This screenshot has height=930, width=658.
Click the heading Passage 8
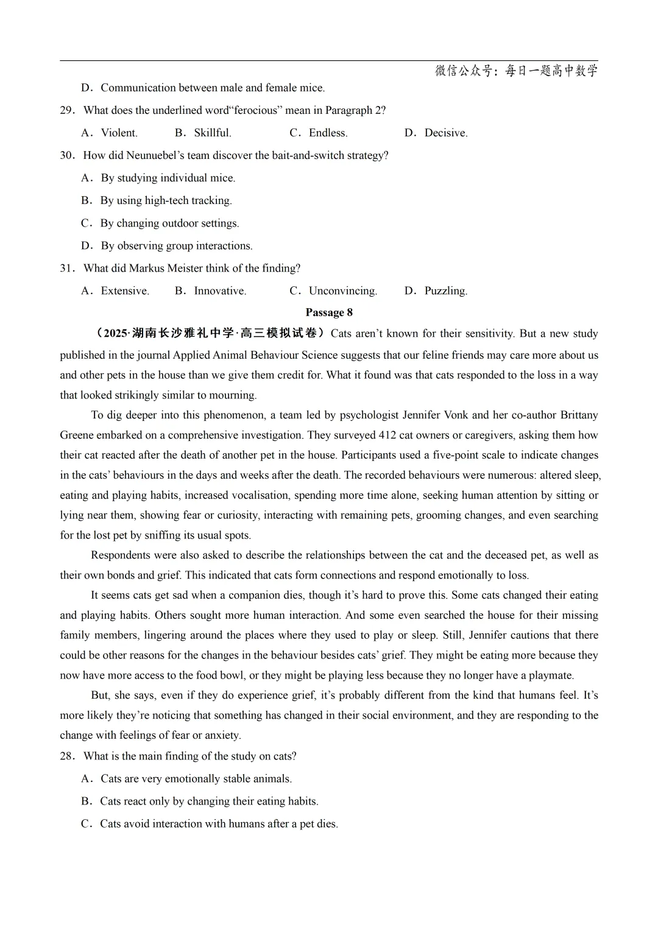(x=329, y=312)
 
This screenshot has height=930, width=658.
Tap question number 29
(x=66, y=110)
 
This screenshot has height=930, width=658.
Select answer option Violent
(x=119, y=133)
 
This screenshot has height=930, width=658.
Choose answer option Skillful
(x=212, y=133)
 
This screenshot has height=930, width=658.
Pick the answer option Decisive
(x=445, y=133)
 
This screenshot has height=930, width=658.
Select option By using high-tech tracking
(x=166, y=200)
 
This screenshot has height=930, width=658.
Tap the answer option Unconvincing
(x=342, y=291)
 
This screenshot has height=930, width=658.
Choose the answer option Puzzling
(x=445, y=291)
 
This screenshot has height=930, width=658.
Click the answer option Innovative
(x=220, y=291)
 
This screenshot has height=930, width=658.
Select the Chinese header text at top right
(x=516, y=71)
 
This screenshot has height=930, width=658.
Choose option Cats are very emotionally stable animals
(x=196, y=779)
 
